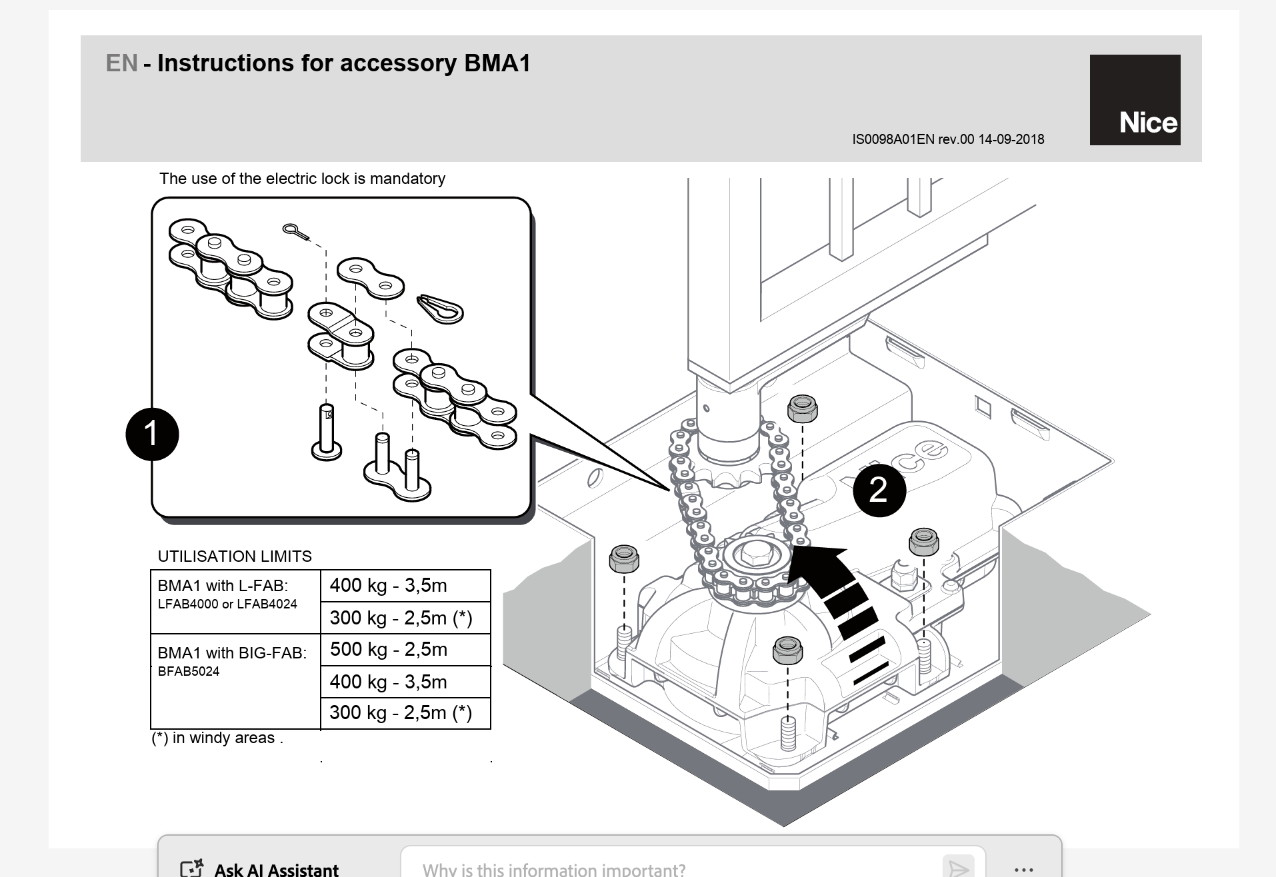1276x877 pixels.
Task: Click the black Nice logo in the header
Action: pos(1135,100)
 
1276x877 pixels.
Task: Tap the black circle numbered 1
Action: pos(152,434)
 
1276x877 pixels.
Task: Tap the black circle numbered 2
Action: pos(879,490)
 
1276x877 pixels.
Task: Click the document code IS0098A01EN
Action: pos(893,139)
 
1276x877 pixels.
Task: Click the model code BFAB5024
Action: pos(189,671)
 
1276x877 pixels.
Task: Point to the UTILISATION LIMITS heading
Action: pos(235,556)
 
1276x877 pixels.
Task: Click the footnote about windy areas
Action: pos(217,738)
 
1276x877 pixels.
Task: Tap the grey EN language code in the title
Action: pos(121,63)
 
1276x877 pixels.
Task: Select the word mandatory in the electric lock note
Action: pos(407,179)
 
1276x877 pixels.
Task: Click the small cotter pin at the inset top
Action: pos(295,231)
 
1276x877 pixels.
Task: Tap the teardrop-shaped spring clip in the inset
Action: pos(440,309)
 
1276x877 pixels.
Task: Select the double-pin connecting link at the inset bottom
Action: pos(397,470)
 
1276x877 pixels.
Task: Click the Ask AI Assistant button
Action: pos(260,868)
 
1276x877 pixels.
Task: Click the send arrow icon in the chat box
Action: pos(959,868)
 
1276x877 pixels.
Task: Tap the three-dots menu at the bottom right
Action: pos(1023,869)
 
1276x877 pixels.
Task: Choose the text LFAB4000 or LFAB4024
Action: pos(227,604)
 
